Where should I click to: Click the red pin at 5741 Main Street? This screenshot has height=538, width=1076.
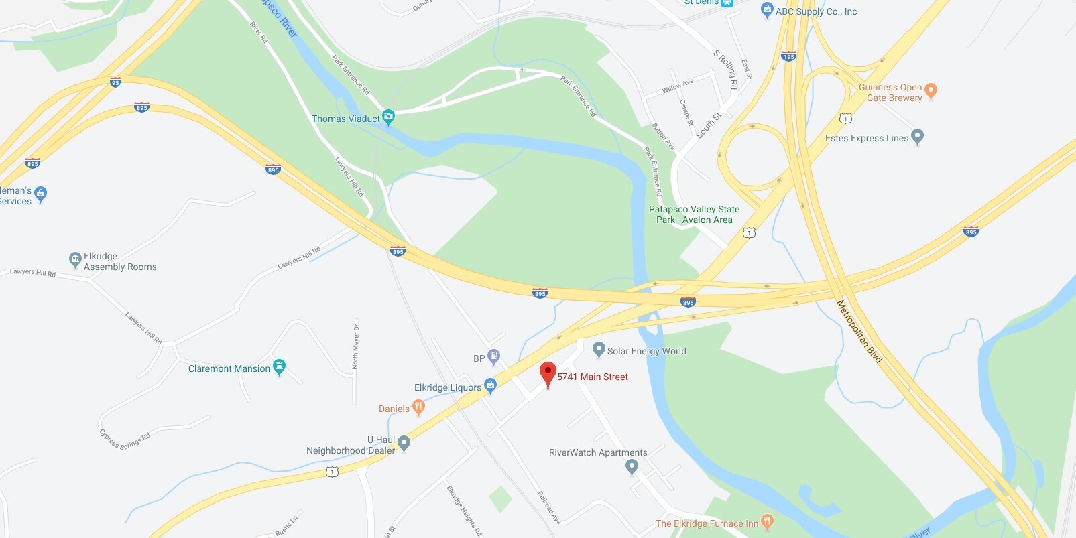(548, 373)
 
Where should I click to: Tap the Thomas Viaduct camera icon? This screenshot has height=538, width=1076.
(388, 117)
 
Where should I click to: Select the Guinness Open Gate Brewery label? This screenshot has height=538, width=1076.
(890, 92)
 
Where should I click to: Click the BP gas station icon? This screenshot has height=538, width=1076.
(494, 356)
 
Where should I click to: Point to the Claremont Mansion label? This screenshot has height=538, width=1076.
(229, 368)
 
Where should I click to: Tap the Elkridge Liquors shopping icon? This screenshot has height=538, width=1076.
(490, 385)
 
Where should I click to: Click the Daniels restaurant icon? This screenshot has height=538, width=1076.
(419, 406)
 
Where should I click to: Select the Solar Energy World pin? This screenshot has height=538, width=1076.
(599, 349)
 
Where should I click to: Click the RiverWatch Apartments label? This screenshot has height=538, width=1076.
(598, 452)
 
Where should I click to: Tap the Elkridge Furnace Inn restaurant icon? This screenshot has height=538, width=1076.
(768, 521)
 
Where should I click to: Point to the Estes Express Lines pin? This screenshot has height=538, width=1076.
(918, 136)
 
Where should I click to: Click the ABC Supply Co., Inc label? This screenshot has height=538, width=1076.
(816, 11)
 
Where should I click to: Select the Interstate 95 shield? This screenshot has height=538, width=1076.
(115, 82)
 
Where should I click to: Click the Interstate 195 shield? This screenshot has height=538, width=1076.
(788, 56)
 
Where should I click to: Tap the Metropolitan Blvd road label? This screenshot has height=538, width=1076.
(859, 332)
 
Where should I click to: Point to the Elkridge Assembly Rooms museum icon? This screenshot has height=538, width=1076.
(75, 259)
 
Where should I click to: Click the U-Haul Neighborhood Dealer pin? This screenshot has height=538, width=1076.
(404, 442)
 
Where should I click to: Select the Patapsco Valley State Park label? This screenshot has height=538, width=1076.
(694, 214)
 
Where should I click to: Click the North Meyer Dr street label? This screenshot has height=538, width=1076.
(355, 346)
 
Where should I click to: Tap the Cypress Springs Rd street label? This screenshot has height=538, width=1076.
(125, 440)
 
